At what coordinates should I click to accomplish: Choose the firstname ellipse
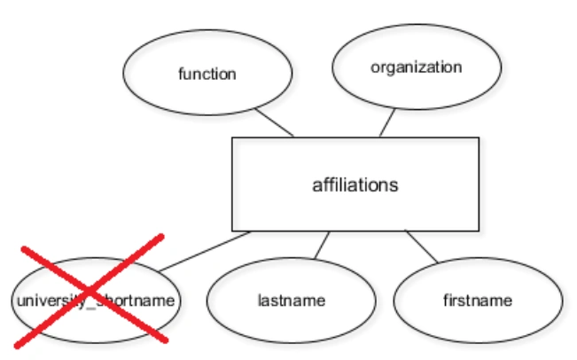coord(477,301)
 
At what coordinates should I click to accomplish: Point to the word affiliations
coord(355,185)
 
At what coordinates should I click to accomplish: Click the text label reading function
coord(207,74)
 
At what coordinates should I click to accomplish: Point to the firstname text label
coord(477,301)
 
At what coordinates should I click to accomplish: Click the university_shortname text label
coord(96,301)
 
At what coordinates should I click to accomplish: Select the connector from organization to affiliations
coord(387,122)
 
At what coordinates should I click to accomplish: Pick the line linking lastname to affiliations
coord(322,245)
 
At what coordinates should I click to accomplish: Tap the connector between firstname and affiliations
coord(422,247)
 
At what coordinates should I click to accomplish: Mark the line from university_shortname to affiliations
coord(204,251)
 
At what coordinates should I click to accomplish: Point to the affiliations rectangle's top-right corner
coord(479,137)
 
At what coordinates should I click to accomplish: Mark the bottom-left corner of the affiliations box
coord(232,231)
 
